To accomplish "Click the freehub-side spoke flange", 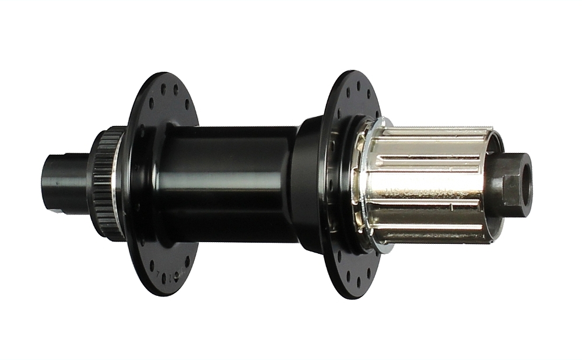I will pyautogui.click(x=350, y=93).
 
